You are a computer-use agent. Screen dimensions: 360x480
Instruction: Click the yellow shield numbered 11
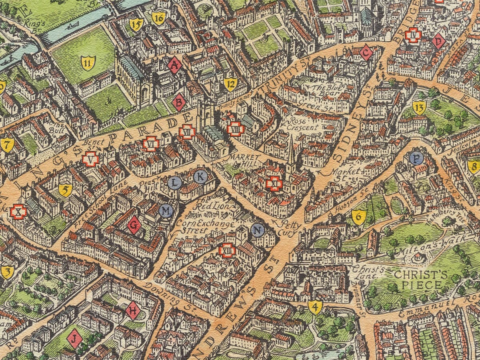[x=88, y=63]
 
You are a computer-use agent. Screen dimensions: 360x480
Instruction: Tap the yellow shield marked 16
[x=159, y=18]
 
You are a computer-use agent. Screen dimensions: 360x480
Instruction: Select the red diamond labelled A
[x=175, y=66]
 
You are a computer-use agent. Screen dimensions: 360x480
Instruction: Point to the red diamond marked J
[x=74, y=339]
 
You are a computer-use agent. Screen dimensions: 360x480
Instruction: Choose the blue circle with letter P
[x=417, y=158]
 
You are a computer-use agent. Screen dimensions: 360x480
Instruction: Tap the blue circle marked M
[x=166, y=210]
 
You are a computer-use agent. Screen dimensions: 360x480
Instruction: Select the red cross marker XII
[x=227, y=250]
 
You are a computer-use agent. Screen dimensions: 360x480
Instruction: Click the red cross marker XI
[x=274, y=184]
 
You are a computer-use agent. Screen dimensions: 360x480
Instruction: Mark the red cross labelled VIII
[x=235, y=129]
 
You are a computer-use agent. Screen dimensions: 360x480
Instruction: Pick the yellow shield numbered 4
[x=315, y=307]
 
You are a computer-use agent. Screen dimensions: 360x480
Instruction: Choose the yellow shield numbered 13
[x=419, y=107]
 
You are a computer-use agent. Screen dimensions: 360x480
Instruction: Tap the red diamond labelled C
[x=366, y=53]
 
